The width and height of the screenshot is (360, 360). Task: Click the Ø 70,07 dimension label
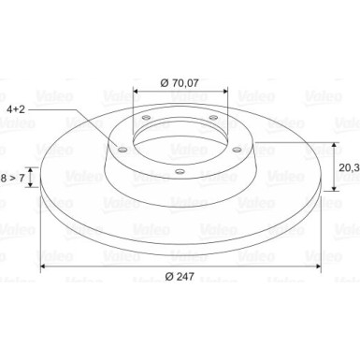coord(180,83)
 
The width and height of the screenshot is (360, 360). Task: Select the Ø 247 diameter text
coord(180,276)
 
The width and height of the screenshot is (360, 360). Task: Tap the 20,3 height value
coord(349,167)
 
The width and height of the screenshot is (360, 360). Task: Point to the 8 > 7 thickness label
coord(12,179)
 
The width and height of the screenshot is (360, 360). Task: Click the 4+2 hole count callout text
coord(16,109)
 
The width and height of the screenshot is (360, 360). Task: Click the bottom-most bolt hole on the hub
coord(180,171)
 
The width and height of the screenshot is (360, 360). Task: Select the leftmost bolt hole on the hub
coord(122,150)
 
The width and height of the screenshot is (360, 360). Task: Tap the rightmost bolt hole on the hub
coord(238,150)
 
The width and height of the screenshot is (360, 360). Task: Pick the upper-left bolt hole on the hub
coord(146,118)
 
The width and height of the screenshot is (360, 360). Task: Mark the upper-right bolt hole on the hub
coord(213,118)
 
